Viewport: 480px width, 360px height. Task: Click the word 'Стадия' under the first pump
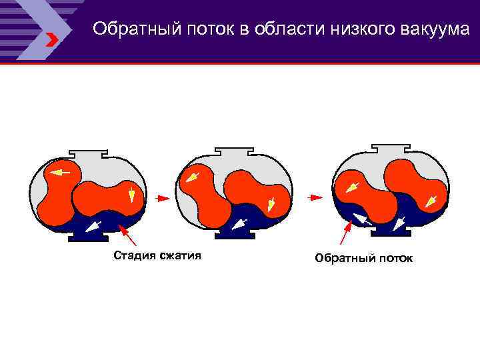coord(133,255)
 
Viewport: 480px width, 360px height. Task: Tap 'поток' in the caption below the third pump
coord(395,257)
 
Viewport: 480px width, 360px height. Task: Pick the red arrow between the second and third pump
coord(315,197)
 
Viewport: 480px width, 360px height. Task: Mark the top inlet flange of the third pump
coord(390,148)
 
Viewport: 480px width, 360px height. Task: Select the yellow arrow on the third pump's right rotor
coord(434,199)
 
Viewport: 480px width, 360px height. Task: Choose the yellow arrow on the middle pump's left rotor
coord(193,177)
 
